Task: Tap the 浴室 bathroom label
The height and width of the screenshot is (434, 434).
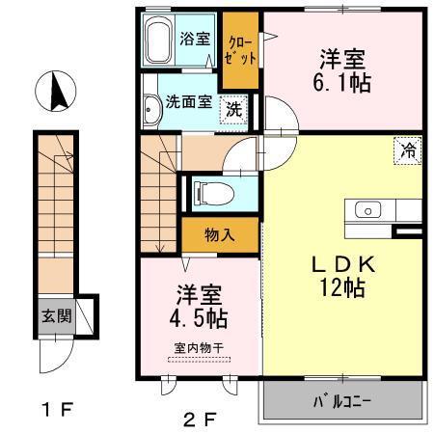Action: (x=195, y=40)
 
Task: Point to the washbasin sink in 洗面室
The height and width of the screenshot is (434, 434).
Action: (x=151, y=113)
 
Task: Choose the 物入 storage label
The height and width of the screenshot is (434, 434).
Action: (x=220, y=233)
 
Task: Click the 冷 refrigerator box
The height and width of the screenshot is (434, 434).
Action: (x=408, y=149)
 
